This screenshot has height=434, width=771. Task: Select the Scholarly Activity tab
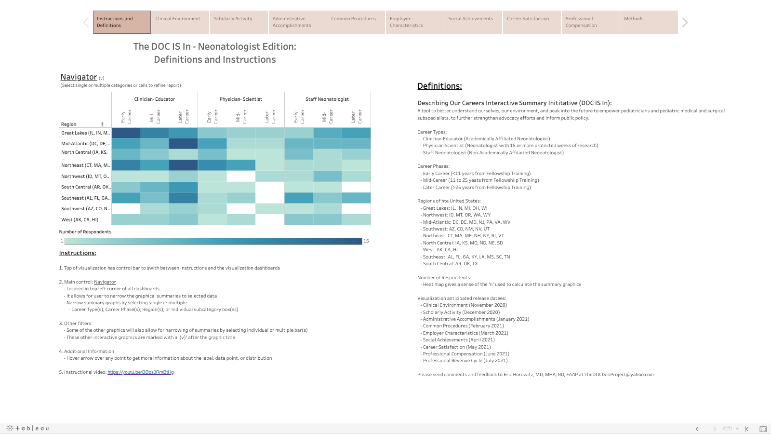[x=239, y=22]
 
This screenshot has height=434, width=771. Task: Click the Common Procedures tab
[x=356, y=22]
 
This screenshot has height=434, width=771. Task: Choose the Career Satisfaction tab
[x=532, y=22]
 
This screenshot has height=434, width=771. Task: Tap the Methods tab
[x=649, y=22]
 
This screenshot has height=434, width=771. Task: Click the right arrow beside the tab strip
[x=685, y=23]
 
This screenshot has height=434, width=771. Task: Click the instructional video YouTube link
[x=141, y=372]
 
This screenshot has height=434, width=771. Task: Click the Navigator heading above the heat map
[x=79, y=77]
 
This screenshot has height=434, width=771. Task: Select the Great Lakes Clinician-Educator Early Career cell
[x=126, y=133]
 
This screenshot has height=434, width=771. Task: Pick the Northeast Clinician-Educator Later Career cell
[x=183, y=165]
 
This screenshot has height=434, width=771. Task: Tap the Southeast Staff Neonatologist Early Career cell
[x=299, y=198]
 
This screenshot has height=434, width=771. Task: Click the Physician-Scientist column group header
[x=241, y=99]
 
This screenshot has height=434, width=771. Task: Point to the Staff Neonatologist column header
[x=327, y=99]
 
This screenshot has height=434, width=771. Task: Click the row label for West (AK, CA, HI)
[x=80, y=220]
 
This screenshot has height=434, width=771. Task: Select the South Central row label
[x=86, y=187]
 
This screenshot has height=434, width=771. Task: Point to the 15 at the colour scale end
[x=366, y=241]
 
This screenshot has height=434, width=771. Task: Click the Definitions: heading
[x=439, y=86]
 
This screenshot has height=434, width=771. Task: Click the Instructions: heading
[x=78, y=253]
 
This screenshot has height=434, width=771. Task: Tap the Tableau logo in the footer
[x=27, y=428]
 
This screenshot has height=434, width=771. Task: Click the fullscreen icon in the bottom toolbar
[x=763, y=429]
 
